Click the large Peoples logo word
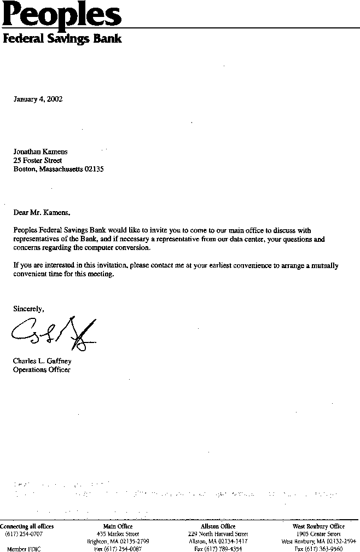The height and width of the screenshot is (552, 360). point(61,15)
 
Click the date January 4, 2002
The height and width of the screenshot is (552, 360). point(38,99)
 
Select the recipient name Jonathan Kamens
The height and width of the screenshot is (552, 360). point(40,152)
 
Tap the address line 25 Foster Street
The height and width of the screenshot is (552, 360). point(38,160)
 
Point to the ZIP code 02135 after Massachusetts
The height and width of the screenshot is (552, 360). point(94,169)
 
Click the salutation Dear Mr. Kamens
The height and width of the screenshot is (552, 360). point(42,212)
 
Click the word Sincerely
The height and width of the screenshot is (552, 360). point(28,309)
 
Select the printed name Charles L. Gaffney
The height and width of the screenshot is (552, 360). point(42,361)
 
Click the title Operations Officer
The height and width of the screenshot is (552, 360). point(42,370)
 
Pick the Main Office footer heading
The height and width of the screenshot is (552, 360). point(118,526)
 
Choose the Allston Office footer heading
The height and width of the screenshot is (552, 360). point(218,526)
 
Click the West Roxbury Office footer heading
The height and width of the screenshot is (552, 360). point(318,526)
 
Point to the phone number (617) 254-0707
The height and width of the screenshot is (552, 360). point(24,534)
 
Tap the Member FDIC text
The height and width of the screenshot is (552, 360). point(24,549)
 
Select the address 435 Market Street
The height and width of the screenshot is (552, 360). point(118,534)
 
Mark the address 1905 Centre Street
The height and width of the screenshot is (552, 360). point(318,534)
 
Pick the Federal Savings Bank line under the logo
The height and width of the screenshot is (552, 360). point(62,39)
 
